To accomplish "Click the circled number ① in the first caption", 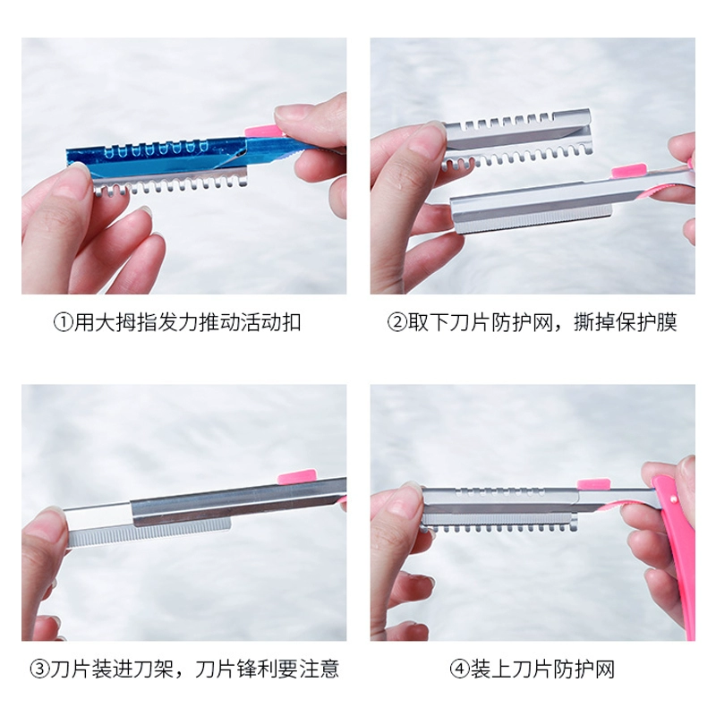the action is tap(64, 322).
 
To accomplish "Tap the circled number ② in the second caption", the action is tap(397, 322).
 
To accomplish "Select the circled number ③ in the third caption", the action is tap(39, 669).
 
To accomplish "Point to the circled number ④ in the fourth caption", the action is tap(459, 669).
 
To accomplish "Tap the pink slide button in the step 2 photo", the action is tap(629, 171).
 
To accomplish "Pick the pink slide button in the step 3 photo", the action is tap(296, 477).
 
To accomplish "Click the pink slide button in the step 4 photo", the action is tap(593, 484).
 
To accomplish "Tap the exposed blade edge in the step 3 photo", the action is tap(149, 533).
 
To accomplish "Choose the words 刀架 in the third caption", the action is tap(153, 669).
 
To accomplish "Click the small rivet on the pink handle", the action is tap(673, 500).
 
